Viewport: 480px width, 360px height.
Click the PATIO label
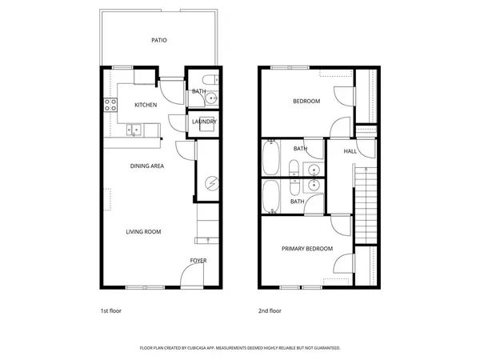(x=158, y=39)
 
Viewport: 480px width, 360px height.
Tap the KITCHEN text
(x=145, y=105)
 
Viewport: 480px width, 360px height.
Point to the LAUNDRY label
(x=204, y=122)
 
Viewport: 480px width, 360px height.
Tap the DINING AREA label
(x=147, y=166)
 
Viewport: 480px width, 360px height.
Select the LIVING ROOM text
(x=143, y=232)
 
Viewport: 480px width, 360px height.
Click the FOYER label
(x=198, y=261)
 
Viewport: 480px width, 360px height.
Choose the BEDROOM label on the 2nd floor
(x=306, y=101)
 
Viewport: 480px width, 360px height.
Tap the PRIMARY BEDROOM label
(x=306, y=249)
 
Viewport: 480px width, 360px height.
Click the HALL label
(x=350, y=150)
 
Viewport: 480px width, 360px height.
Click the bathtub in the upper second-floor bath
(x=270, y=158)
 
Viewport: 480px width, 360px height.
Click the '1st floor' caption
(x=110, y=310)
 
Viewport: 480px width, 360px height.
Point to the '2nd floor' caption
(x=270, y=310)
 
